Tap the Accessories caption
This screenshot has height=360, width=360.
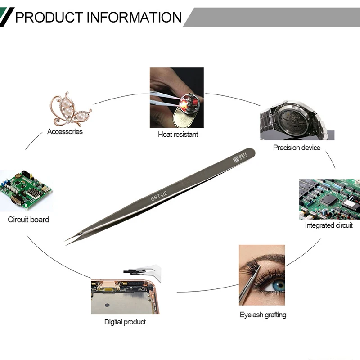click(65, 132)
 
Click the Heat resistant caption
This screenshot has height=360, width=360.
click(178, 134)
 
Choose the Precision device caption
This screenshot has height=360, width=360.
click(297, 148)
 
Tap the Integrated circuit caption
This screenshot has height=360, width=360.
click(328, 225)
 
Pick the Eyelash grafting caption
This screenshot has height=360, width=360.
click(263, 315)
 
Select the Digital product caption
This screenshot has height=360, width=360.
click(125, 322)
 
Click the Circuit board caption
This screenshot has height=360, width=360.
click(28, 220)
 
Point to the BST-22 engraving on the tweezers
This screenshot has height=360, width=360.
click(158, 195)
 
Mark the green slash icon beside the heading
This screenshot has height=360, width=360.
click(6, 17)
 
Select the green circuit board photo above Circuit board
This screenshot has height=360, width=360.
click(26, 191)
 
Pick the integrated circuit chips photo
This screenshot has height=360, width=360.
click(329, 199)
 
